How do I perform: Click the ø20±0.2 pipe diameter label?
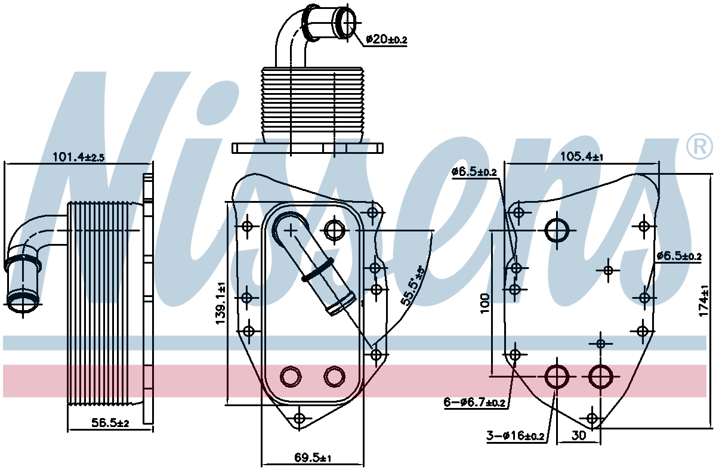point(387,39)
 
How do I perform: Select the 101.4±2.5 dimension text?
point(78,157)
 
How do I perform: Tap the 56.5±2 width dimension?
point(110,423)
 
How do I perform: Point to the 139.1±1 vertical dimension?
point(221,302)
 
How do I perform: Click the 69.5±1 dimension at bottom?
point(313,458)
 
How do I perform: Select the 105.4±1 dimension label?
point(582,156)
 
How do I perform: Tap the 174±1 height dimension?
point(704,301)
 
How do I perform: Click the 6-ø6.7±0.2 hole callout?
point(474,403)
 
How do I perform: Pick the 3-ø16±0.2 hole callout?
point(515,435)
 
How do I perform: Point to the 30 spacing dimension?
point(579,435)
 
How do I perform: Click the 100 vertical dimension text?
point(485,303)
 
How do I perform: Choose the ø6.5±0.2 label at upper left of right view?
point(474,172)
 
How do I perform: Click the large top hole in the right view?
point(557,230)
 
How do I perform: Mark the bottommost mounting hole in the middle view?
point(299,418)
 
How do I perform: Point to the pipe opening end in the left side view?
point(23,301)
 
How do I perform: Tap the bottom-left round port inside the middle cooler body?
point(291,376)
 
